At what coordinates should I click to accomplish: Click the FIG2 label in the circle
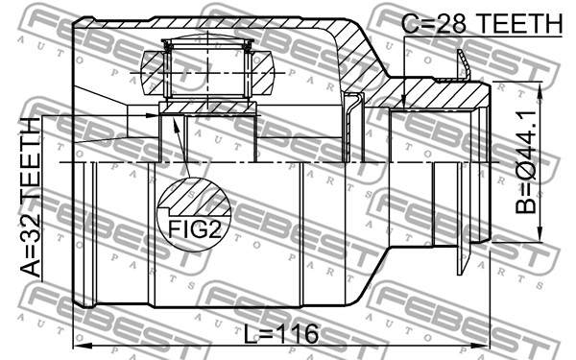(x=195, y=229)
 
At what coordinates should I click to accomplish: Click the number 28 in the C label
(x=452, y=23)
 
